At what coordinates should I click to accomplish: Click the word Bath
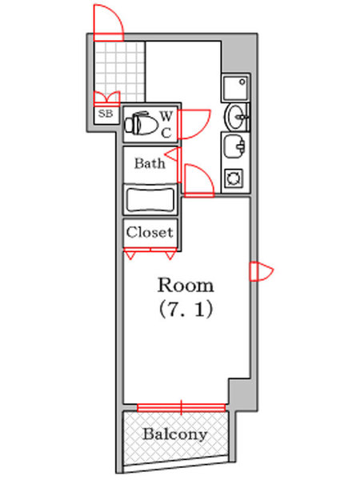150,164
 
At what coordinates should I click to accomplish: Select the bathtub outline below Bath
150,198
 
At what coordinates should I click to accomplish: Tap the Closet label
150,233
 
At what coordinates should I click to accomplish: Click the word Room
186,285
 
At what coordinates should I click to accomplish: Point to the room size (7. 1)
186,308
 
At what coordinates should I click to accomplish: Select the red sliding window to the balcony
182,408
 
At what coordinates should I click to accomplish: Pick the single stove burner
235,178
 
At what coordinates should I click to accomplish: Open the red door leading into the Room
198,180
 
